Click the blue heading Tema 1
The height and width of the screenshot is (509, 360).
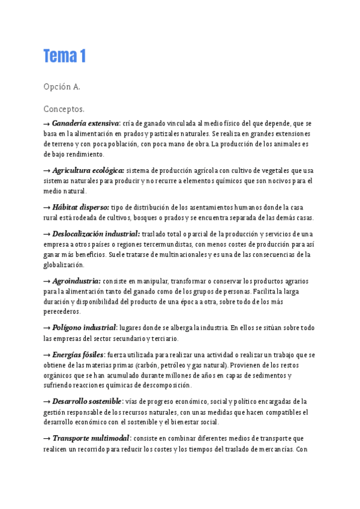tap(65, 56)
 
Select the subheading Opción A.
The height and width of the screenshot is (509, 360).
tap(62, 87)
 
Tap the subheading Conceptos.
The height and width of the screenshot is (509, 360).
tap(64, 109)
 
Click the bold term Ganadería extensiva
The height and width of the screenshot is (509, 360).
tap(86, 123)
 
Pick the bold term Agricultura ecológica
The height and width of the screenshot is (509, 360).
tap(88, 170)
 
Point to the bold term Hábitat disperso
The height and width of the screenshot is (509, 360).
tap(80, 207)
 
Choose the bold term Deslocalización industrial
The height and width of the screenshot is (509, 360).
tap(96, 233)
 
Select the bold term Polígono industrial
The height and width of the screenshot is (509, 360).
tap(84, 328)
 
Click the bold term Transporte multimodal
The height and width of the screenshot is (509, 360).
tap(91, 438)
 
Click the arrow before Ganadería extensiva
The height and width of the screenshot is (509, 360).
tap(47, 123)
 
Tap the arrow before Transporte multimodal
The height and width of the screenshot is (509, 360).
tap(47, 438)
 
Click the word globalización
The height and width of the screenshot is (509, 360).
tap(63, 265)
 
